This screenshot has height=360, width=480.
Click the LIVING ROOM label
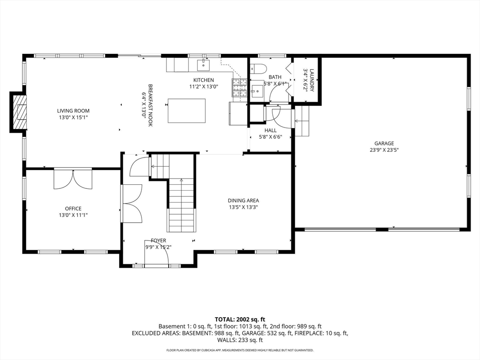click(73, 111)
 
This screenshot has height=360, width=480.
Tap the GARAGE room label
click(384, 143)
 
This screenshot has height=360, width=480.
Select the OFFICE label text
click(73, 209)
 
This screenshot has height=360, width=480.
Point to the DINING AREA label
click(243, 201)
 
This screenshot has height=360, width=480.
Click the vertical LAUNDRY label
click(312, 80)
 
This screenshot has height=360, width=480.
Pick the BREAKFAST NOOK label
click(150, 105)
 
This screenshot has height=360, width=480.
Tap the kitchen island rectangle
click(187, 111)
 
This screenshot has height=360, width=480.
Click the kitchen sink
click(203, 65)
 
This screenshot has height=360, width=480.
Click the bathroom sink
click(257, 90)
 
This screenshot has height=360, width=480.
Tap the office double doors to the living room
click(73, 179)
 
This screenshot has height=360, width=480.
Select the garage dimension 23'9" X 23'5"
click(384, 150)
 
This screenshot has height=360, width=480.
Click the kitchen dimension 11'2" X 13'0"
click(203, 87)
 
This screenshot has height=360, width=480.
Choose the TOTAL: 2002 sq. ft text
click(240, 320)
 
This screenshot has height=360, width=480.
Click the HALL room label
click(270, 130)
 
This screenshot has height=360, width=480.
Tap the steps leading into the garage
click(302, 121)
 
